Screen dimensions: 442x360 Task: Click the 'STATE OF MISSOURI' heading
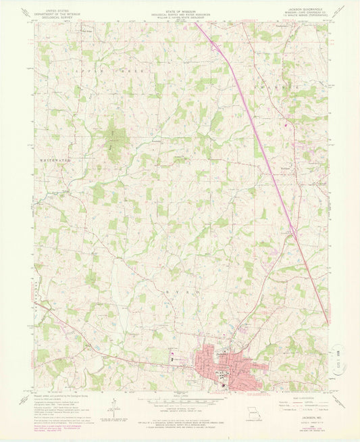pos(180,7)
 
